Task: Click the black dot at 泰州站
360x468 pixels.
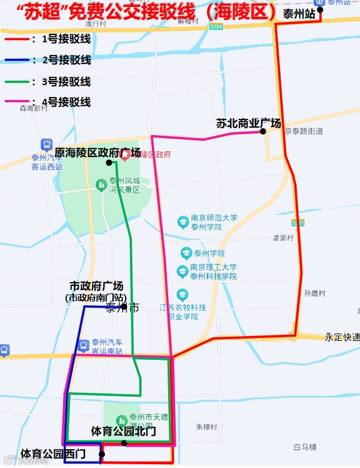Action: tap(320, 9)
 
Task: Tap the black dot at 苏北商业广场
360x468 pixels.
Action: tap(263, 131)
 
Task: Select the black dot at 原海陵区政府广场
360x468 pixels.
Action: tap(109, 163)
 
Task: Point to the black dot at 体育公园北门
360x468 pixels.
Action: tap(124, 443)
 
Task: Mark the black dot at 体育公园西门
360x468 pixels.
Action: tap(102, 454)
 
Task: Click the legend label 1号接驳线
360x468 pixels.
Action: tap(66, 39)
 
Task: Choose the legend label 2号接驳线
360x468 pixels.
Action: tap(66, 60)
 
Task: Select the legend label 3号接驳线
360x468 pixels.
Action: tap(66, 81)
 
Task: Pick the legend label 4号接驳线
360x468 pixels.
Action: tap(66, 102)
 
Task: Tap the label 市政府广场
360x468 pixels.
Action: tap(96, 286)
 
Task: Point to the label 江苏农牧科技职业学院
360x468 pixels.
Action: tap(182, 312)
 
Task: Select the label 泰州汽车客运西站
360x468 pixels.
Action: tap(47, 162)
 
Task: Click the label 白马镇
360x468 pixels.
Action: tap(305, 447)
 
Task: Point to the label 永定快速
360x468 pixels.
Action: tap(342, 337)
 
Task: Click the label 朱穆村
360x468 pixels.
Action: tap(206, 427)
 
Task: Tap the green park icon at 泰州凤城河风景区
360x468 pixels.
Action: tap(101, 184)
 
